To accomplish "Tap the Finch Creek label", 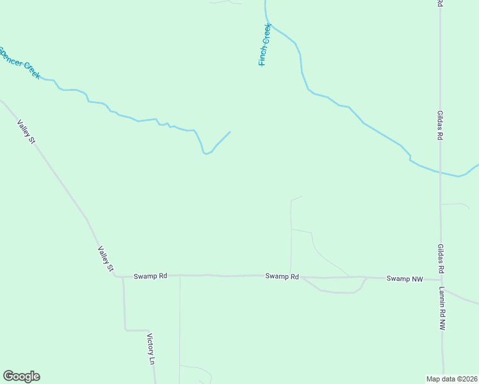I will [264, 45].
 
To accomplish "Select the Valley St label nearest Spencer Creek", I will [26, 131].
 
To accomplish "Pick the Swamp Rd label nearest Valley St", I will [150, 276].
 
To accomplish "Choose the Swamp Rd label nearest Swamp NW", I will [282, 276].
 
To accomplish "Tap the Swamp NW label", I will [405, 278].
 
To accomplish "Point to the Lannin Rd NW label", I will [442, 308].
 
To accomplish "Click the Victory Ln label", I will [151, 349].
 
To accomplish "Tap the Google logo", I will [21, 376].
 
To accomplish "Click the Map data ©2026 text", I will [451, 378].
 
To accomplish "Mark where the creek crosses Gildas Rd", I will [440, 172].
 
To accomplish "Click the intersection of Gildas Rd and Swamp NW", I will [441, 279].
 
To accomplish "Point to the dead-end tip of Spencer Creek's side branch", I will [229, 132].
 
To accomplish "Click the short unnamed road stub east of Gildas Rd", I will [456, 204].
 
